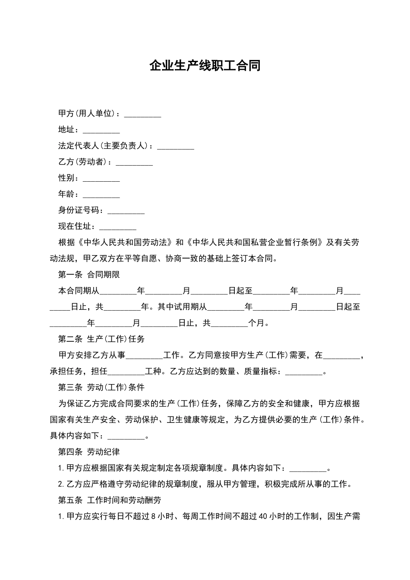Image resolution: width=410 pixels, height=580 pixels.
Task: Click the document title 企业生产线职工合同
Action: (205, 66)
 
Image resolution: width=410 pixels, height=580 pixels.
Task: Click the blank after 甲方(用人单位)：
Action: (142, 114)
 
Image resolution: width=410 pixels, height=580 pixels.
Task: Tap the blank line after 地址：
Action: (101, 130)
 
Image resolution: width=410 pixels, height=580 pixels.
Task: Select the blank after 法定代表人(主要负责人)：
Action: (175, 147)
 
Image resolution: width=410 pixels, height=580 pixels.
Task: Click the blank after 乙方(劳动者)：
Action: (134, 163)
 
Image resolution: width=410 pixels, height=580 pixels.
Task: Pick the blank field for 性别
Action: (101, 179)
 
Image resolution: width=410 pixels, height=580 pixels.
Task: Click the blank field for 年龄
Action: (101, 195)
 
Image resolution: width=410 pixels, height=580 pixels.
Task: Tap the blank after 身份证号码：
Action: (126, 211)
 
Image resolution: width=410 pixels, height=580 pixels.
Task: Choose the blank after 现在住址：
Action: (117, 227)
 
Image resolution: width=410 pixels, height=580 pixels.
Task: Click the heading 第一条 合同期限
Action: (89, 274)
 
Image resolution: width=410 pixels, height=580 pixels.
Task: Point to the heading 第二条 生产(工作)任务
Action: (101, 339)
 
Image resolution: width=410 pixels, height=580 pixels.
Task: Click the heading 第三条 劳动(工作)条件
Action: (101, 387)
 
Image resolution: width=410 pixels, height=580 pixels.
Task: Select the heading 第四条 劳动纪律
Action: (89, 452)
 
